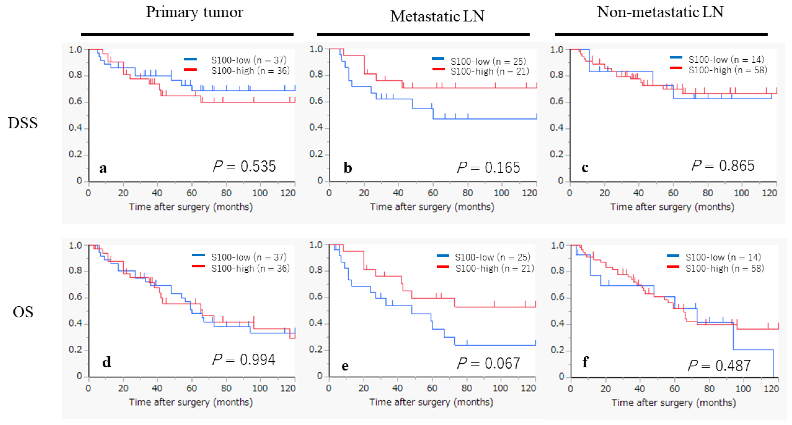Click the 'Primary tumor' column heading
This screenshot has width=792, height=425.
(x=194, y=12)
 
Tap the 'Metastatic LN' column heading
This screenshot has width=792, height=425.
(x=437, y=16)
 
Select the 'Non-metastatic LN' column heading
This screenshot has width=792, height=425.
(x=660, y=12)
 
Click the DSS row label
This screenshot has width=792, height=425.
(x=23, y=123)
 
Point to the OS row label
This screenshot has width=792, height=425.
(x=23, y=312)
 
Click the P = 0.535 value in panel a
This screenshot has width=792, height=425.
(x=245, y=166)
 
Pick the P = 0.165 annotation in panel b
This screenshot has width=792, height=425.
(x=489, y=167)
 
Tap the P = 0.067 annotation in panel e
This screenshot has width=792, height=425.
(x=489, y=363)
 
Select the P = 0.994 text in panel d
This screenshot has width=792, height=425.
(x=244, y=359)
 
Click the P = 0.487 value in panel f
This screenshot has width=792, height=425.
(x=719, y=365)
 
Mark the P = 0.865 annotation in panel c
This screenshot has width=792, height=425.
(x=723, y=166)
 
